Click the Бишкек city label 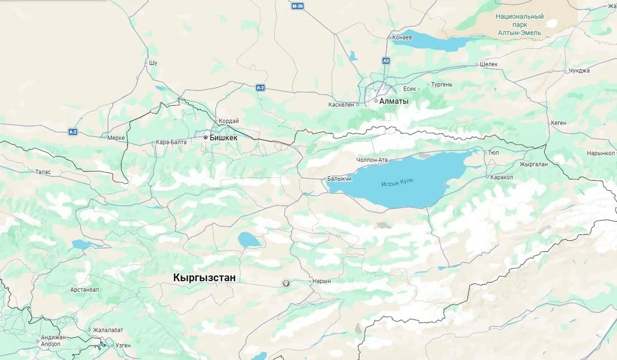coord(223,138)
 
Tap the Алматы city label coord(393,101)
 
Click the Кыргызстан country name coord(205,278)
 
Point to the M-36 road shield coord(297,6)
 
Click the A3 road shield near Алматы coord(386,61)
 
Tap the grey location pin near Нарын coord(286,283)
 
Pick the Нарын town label coord(321,281)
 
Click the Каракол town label coord(502,177)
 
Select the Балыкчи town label coord(339,179)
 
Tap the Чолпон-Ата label coord(372,160)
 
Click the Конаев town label coord(402,38)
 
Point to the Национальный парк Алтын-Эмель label coord(519,24)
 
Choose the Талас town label coord(43,172)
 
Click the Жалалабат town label coord(108,330)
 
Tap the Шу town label coord(152,63)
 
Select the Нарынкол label coord(601,153)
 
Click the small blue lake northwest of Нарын coord(249,239)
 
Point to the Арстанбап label coord(84,290)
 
